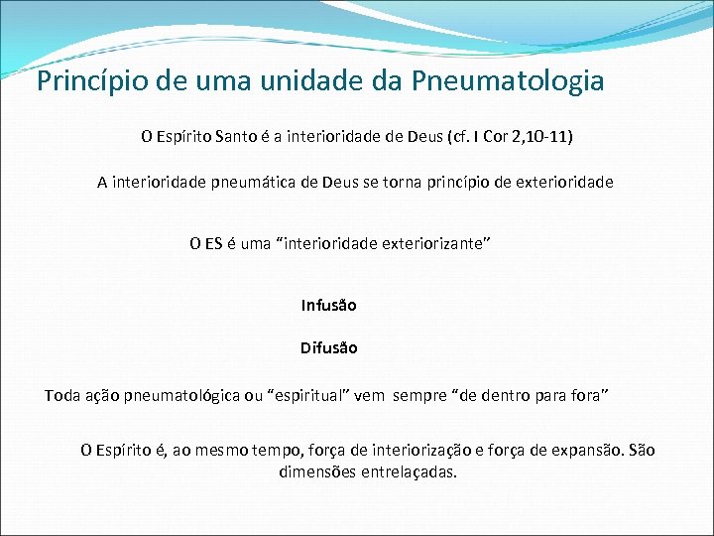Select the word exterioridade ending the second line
pos(564,182)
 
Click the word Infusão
pos(329,305)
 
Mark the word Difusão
pos(329,347)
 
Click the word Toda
pos(61,395)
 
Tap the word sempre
pos(419,395)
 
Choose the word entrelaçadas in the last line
pos(409,471)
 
